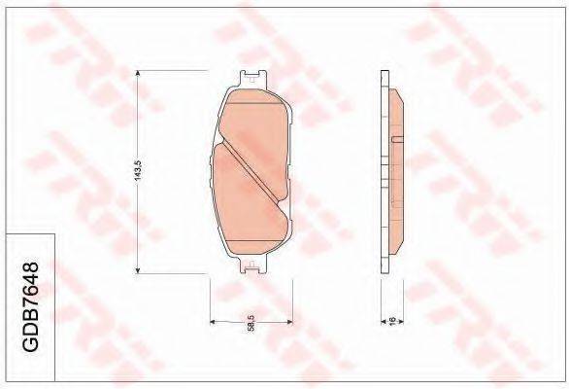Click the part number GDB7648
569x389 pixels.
point(30,306)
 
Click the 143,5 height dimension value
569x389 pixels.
point(138,171)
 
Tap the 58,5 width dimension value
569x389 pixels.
point(251,323)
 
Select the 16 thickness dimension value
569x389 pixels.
point(392,321)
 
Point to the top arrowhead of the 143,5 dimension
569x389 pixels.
point(138,74)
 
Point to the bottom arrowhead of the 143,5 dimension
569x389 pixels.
point(138,270)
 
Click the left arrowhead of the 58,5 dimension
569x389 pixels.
point(214,322)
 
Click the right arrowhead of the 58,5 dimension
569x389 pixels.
point(289,322)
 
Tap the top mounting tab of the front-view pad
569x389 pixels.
point(252,78)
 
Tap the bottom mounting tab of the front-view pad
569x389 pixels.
point(252,265)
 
